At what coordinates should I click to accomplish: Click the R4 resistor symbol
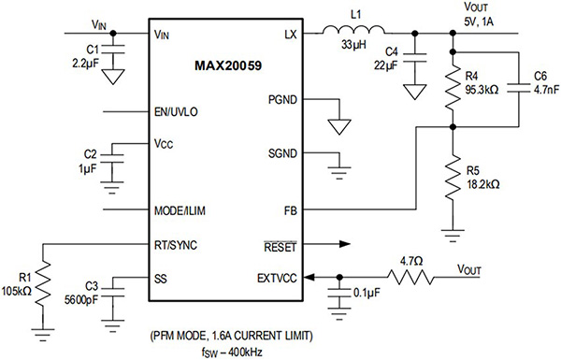453,91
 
